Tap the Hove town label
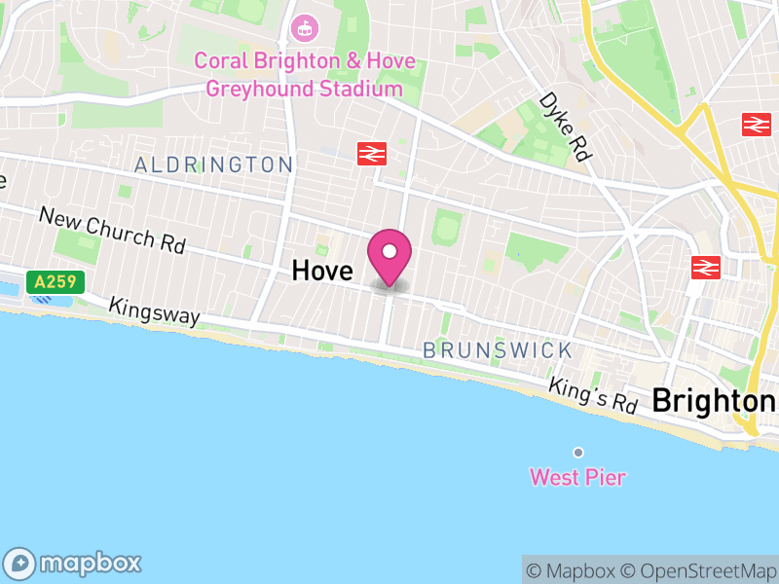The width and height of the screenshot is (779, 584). pos(321,271)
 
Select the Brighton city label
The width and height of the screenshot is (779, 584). pos(714,400)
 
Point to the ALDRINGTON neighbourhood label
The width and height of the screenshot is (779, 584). pos(214,165)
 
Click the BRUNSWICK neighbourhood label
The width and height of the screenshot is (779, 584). pos(497,350)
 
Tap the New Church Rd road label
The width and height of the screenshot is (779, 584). pos(112,230)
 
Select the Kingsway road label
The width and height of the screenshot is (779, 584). pos(155,311)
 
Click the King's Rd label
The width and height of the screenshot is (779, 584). pos(592,394)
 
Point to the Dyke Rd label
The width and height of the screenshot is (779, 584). pos(566,128)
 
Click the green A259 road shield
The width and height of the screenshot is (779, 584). pos(56,282)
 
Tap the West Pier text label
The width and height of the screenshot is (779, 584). pos(577,478)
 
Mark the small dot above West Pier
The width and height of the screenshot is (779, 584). pos(578,453)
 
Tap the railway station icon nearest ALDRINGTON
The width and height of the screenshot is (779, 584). pos(372,153)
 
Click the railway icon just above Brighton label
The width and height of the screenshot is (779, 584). pos(705,266)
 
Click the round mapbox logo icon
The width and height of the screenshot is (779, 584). pos(21,564)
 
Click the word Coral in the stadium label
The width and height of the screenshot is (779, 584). pos(220,61)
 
